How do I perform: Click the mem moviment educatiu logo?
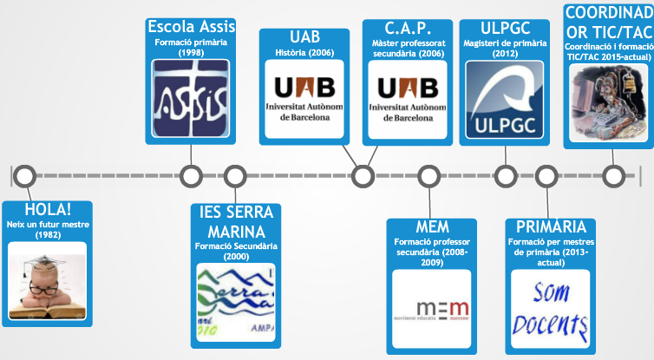coord(432,309)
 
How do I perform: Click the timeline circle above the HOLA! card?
coord(25,176)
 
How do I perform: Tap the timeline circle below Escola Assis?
coord(190,176)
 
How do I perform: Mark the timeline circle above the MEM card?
coord(428,176)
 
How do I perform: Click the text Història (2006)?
coord(304,53)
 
